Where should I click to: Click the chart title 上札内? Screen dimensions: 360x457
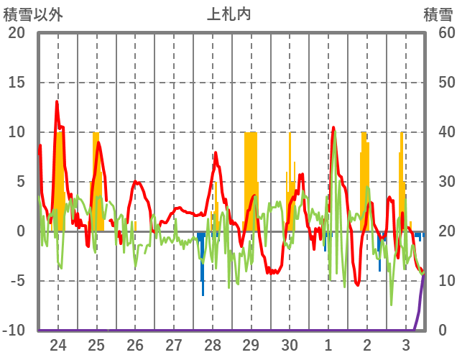coord(228,14)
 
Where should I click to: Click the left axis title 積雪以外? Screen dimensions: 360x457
coord(33,14)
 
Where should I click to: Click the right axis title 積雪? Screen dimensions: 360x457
coord(438,14)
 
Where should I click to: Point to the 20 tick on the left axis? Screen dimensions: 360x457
coord(17,33)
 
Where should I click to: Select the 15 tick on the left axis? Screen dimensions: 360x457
coord(17,83)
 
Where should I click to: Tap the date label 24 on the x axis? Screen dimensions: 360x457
coord(58,345)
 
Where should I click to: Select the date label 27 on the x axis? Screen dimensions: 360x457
coord(174,345)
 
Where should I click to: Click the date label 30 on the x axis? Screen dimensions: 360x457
coord(290,345)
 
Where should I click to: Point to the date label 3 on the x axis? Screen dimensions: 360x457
coord(406,345)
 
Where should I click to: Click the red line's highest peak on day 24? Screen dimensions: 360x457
coord(57,102)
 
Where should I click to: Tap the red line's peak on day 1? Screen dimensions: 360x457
coord(333,128)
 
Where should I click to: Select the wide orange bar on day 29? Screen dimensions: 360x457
coord(250,180)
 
